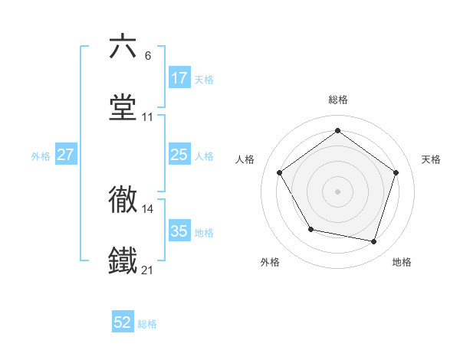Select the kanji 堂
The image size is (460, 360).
123,108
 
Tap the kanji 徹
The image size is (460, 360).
123,200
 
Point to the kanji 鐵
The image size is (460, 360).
123,261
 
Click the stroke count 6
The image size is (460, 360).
148,55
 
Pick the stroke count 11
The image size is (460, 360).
148,117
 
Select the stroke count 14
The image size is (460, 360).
148,208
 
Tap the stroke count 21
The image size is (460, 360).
148,270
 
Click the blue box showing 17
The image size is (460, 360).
179,78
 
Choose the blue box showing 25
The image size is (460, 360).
179,155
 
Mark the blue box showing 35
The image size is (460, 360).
179,231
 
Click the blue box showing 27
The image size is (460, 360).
66,155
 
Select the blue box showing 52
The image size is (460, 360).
123,323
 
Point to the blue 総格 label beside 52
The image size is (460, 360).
148,324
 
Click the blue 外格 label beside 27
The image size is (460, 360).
41,155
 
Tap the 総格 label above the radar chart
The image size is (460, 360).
337,100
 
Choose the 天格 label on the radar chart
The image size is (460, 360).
431,159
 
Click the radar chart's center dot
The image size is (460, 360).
337,191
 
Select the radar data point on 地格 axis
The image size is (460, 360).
373,241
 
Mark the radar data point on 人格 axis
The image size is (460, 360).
280,172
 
